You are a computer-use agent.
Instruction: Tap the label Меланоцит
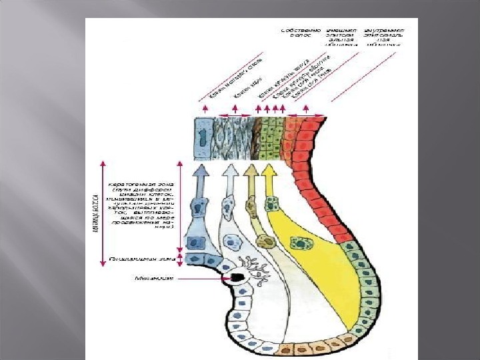[x=153, y=278]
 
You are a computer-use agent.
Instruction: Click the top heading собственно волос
[x=302, y=33]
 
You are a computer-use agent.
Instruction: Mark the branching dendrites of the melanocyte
[x=257, y=270]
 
